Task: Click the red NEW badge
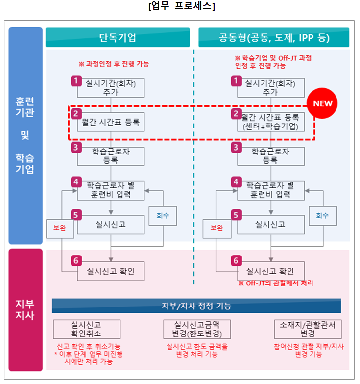(322, 103)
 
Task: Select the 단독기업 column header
(118, 38)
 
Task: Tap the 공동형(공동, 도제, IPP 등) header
(274, 38)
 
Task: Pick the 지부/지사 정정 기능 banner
(196, 306)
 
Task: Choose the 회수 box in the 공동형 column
(322, 215)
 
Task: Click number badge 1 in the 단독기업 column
(75, 80)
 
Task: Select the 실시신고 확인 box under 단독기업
(111, 271)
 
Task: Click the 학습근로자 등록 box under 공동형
(270, 156)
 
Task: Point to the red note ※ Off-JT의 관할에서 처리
(276, 283)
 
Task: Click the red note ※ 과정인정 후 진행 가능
(114, 64)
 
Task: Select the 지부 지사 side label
(25, 309)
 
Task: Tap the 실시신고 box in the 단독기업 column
(111, 225)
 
